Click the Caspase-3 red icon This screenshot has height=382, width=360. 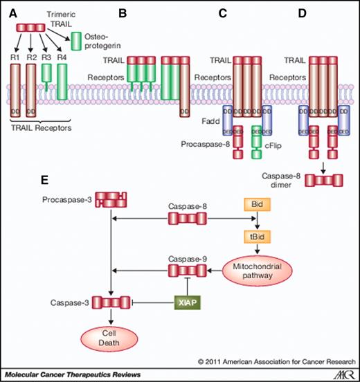tap(112, 302)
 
